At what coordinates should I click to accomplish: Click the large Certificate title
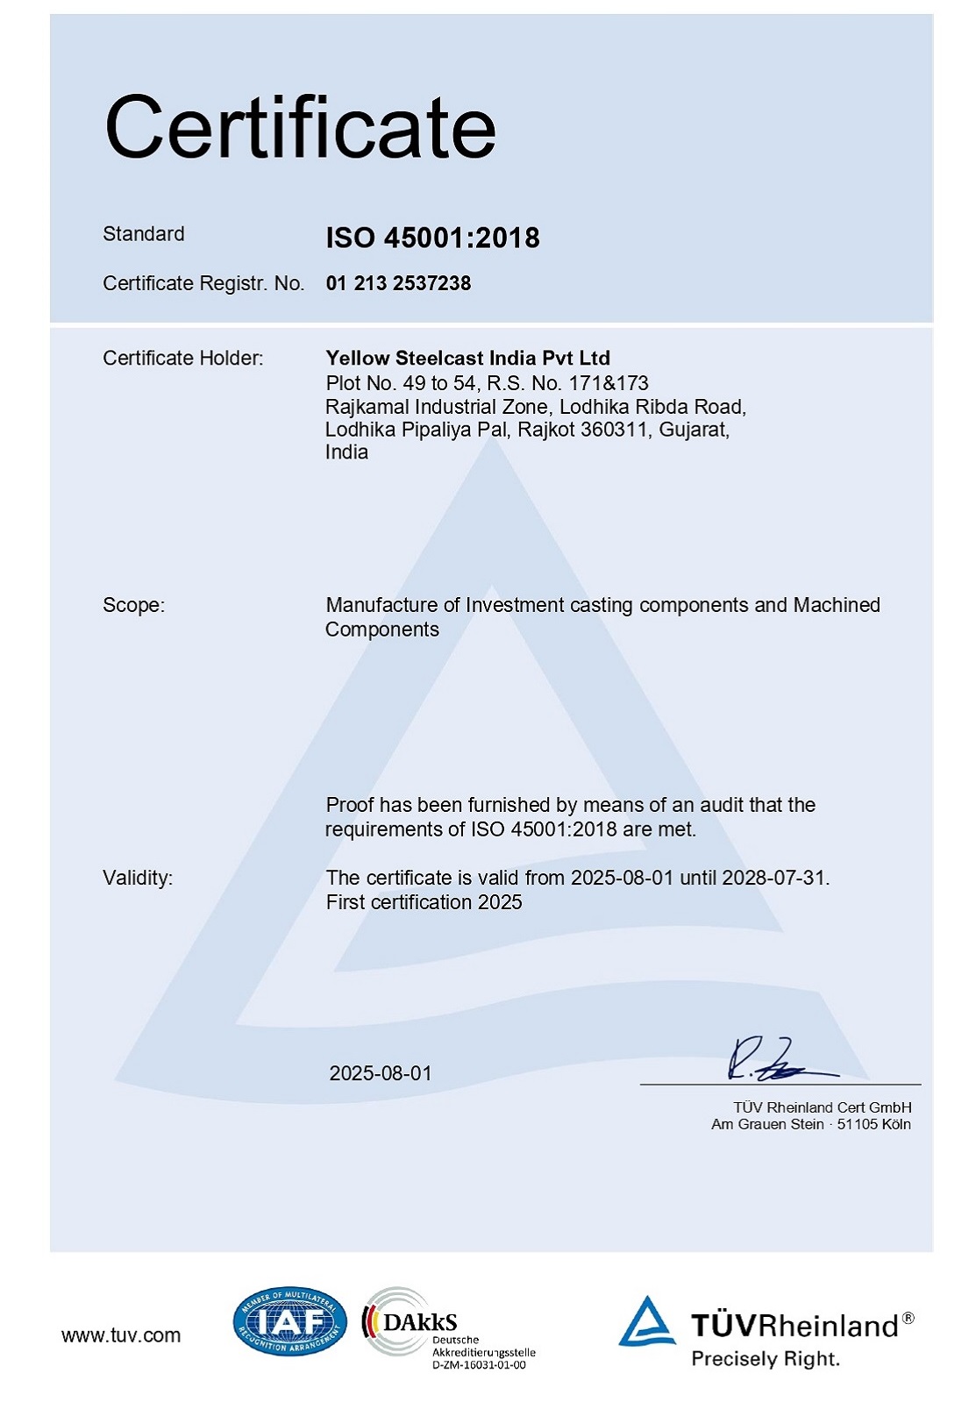click(300, 128)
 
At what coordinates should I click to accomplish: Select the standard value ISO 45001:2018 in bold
click(432, 238)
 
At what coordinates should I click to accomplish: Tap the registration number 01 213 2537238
click(398, 283)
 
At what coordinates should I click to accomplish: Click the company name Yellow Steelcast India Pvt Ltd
click(467, 358)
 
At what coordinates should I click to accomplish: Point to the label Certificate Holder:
click(182, 358)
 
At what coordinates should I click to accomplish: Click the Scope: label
click(133, 605)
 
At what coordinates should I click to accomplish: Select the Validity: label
click(138, 878)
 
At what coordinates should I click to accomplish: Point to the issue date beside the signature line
click(381, 1073)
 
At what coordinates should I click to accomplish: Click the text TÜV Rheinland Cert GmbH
click(822, 1107)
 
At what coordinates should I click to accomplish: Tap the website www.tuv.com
click(121, 1335)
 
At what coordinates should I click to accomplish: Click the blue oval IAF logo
click(289, 1320)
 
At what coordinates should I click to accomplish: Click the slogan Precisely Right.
click(766, 1359)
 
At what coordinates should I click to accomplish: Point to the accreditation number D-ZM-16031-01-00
click(479, 1365)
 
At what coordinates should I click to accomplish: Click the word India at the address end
click(346, 452)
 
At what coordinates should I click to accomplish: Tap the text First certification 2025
click(424, 902)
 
